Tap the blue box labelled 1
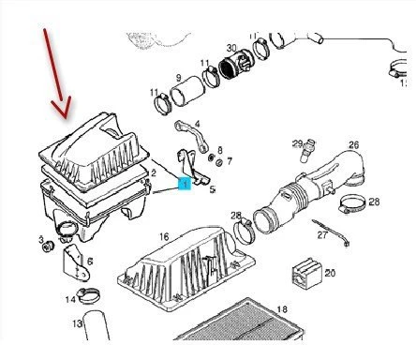tap(185, 186)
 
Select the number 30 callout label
tap(231, 48)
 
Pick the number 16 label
tap(163, 238)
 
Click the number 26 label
tap(354, 145)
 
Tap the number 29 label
tap(297, 143)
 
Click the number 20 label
tap(329, 273)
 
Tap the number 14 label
tap(70, 300)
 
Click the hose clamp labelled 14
tap(90, 297)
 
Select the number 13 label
tap(78, 324)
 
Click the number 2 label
tap(153, 173)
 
